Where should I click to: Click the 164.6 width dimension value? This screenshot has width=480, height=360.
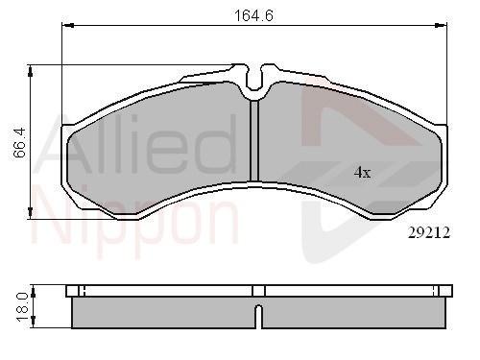pos(254,15)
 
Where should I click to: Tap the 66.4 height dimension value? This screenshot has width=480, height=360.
pos(19,143)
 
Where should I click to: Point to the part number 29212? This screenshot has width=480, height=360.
pos(429,232)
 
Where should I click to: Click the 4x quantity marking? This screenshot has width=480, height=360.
pos(362,173)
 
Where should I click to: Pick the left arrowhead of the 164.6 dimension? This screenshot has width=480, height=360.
pos(68,25)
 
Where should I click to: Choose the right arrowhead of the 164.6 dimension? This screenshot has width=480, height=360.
pos(441,25)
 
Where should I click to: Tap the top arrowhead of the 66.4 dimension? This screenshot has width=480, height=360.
pos(31,71)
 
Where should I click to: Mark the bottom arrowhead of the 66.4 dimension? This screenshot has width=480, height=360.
pos(31,213)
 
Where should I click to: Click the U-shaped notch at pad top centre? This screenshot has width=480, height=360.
pos(254,79)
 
